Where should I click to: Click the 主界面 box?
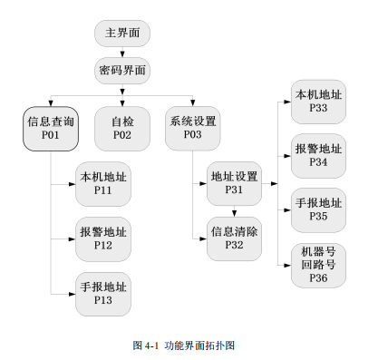coord(121,34)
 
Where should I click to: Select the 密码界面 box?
coord(121,70)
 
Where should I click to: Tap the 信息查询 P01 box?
coord(50,128)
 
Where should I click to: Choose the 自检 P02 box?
coord(121,128)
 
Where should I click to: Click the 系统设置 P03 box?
coord(192,128)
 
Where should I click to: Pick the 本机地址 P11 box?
coord(102,184)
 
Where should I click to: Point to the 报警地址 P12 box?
coord(102,238)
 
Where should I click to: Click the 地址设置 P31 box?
coord(234,183)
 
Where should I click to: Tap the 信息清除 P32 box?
coord(234,238)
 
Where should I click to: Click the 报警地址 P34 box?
coord(317,156)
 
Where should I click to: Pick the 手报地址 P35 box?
coord(317,210)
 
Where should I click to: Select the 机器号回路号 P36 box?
coord(317,266)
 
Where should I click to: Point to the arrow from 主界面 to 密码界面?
coord(121,52)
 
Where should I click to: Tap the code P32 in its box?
coord(234,246)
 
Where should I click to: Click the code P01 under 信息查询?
coord(50,135)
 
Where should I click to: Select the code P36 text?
coord(317,278)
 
